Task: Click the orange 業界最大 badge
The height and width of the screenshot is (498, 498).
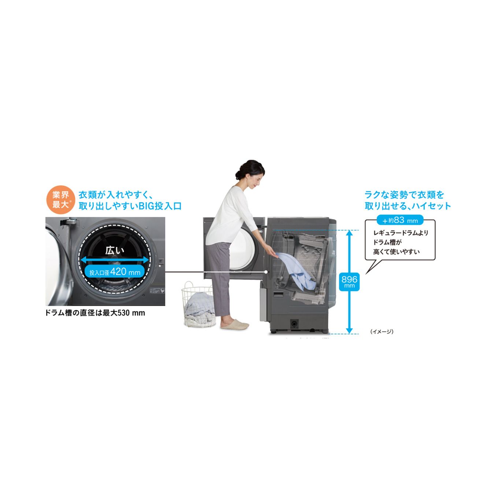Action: [60, 200]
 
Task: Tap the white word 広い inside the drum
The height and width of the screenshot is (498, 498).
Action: [115, 250]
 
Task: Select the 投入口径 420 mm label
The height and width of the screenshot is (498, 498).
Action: [115, 272]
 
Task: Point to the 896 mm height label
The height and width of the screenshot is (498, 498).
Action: [349, 281]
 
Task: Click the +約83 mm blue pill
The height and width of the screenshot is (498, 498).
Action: [400, 220]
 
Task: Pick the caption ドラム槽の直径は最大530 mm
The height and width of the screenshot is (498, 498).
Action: [95, 313]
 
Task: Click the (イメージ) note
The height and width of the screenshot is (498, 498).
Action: [382, 331]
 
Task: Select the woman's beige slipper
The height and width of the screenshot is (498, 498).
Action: [235, 324]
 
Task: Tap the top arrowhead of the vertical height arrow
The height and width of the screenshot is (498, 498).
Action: [349, 233]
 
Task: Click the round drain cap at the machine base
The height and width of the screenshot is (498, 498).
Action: [294, 324]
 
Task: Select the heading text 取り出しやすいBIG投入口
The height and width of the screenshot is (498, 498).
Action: [130, 206]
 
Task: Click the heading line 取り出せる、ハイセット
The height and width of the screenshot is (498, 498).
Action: [408, 206]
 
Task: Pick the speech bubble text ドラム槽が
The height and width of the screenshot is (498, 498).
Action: [387, 242]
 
